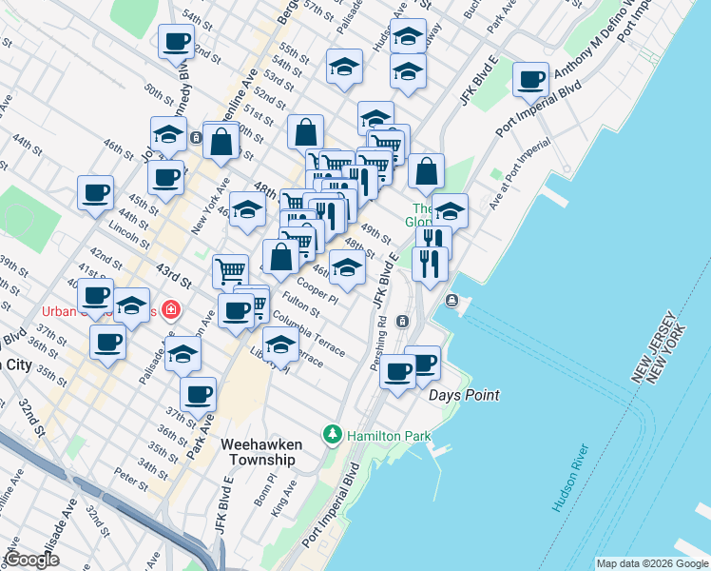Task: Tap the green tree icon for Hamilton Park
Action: pos(333,434)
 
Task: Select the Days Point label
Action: pos(464,395)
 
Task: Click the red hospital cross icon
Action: pos(170,310)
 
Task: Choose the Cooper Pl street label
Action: pos(317,291)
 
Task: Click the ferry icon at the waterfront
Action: pos(452,302)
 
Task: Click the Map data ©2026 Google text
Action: pos(652,563)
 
